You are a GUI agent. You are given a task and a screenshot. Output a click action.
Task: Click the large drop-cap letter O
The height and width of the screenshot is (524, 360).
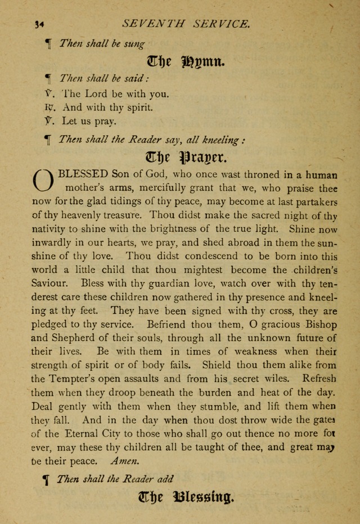click(44, 180)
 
